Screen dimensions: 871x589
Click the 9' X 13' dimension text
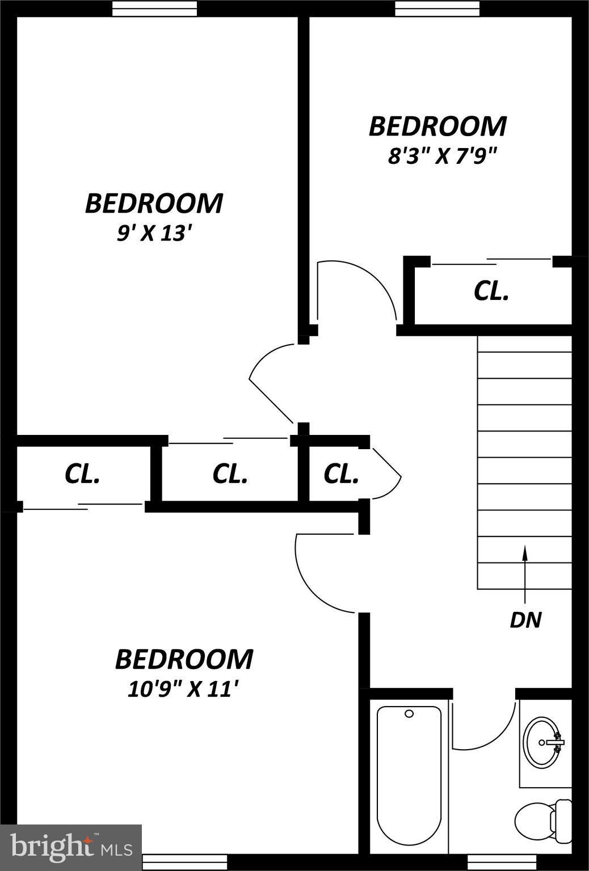152,233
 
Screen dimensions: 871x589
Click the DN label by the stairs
525,620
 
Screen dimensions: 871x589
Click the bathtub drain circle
409,714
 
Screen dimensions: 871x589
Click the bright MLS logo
71,847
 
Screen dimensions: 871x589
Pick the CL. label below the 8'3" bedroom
491,291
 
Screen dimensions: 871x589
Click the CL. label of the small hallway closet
341,473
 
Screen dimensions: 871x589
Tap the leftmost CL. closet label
83,473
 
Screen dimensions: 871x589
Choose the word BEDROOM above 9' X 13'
154,204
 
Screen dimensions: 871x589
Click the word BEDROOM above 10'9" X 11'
184,659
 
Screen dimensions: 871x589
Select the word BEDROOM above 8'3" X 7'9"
437,126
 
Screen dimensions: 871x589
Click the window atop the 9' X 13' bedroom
154,8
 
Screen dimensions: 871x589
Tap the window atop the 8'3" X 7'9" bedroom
437,8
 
